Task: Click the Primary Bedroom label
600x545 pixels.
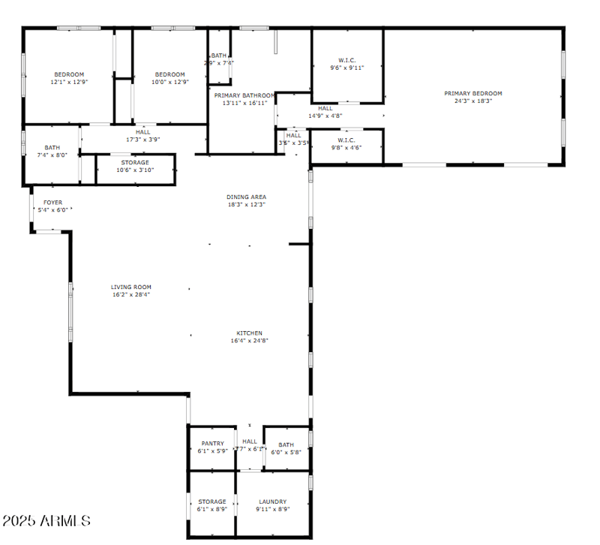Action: (472, 93)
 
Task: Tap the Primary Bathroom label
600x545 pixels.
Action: (244, 95)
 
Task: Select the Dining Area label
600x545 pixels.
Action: (246, 197)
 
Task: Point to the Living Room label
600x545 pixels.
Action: (131, 287)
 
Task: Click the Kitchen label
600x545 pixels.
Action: (249, 333)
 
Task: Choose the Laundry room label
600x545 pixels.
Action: (272, 501)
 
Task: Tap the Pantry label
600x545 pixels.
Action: (212, 443)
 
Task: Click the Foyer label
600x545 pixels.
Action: (52, 202)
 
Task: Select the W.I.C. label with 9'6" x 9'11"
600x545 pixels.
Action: (346, 60)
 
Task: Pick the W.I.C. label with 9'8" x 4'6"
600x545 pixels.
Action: (346, 140)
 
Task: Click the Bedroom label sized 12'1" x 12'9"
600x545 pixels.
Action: (68, 74)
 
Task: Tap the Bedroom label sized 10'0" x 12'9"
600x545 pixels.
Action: (169, 74)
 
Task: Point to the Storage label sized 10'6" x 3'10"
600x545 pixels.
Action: (135, 162)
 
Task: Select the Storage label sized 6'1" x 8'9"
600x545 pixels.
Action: (212, 501)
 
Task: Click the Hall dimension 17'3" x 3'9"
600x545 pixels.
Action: (142, 140)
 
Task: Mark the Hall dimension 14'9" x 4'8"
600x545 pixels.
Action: (325, 116)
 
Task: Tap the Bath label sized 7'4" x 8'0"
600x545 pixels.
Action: (52, 148)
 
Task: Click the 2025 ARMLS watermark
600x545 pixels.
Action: (46, 520)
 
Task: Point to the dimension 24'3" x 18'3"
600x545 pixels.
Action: (472, 101)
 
